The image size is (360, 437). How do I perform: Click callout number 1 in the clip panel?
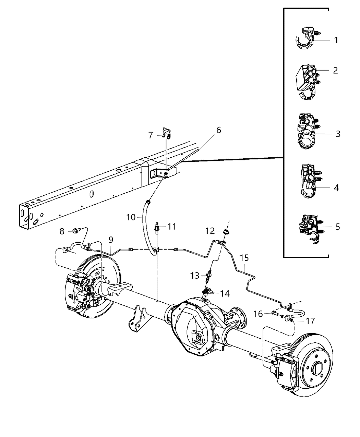[336, 40]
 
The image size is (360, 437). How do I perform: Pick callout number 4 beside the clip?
[336, 187]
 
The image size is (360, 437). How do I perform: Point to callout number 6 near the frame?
[218, 130]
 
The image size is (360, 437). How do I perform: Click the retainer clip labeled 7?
[166, 133]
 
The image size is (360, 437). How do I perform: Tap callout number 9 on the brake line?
[111, 240]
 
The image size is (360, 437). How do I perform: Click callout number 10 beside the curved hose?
[131, 217]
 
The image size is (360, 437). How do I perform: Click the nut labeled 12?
[226, 232]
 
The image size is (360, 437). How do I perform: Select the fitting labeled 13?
[208, 275]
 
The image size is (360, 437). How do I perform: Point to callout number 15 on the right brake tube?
[244, 258]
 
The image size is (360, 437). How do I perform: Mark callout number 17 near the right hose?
[310, 321]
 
